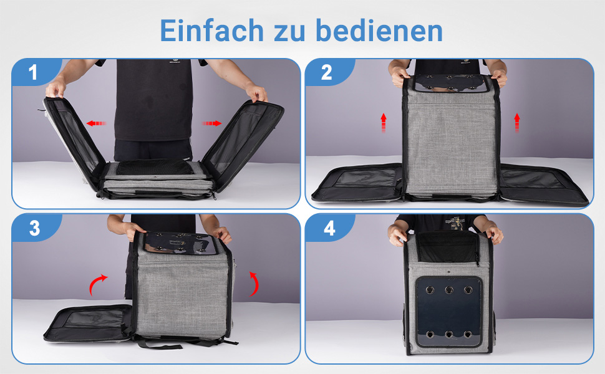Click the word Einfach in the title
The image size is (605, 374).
(x=211, y=31)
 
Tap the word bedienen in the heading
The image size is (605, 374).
(x=379, y=31)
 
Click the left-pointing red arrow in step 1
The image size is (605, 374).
(x=96, y=123)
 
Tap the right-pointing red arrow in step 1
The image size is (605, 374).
(x=212, y=123)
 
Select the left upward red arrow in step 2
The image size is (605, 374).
(x=383, y=123)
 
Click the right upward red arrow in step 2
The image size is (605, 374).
(x=517, y=123)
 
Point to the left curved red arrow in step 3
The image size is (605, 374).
(x=97, y=284)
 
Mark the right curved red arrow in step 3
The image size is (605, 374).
(x=254, y=284)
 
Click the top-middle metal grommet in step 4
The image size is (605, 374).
(x=448, y=290)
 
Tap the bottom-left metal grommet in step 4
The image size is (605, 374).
(x=430, y=334)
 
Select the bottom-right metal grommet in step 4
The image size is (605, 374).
(x=468, y=334)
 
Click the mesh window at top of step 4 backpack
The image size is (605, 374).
(x=448, y=248)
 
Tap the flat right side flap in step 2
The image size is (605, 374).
(x=543, y=183)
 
